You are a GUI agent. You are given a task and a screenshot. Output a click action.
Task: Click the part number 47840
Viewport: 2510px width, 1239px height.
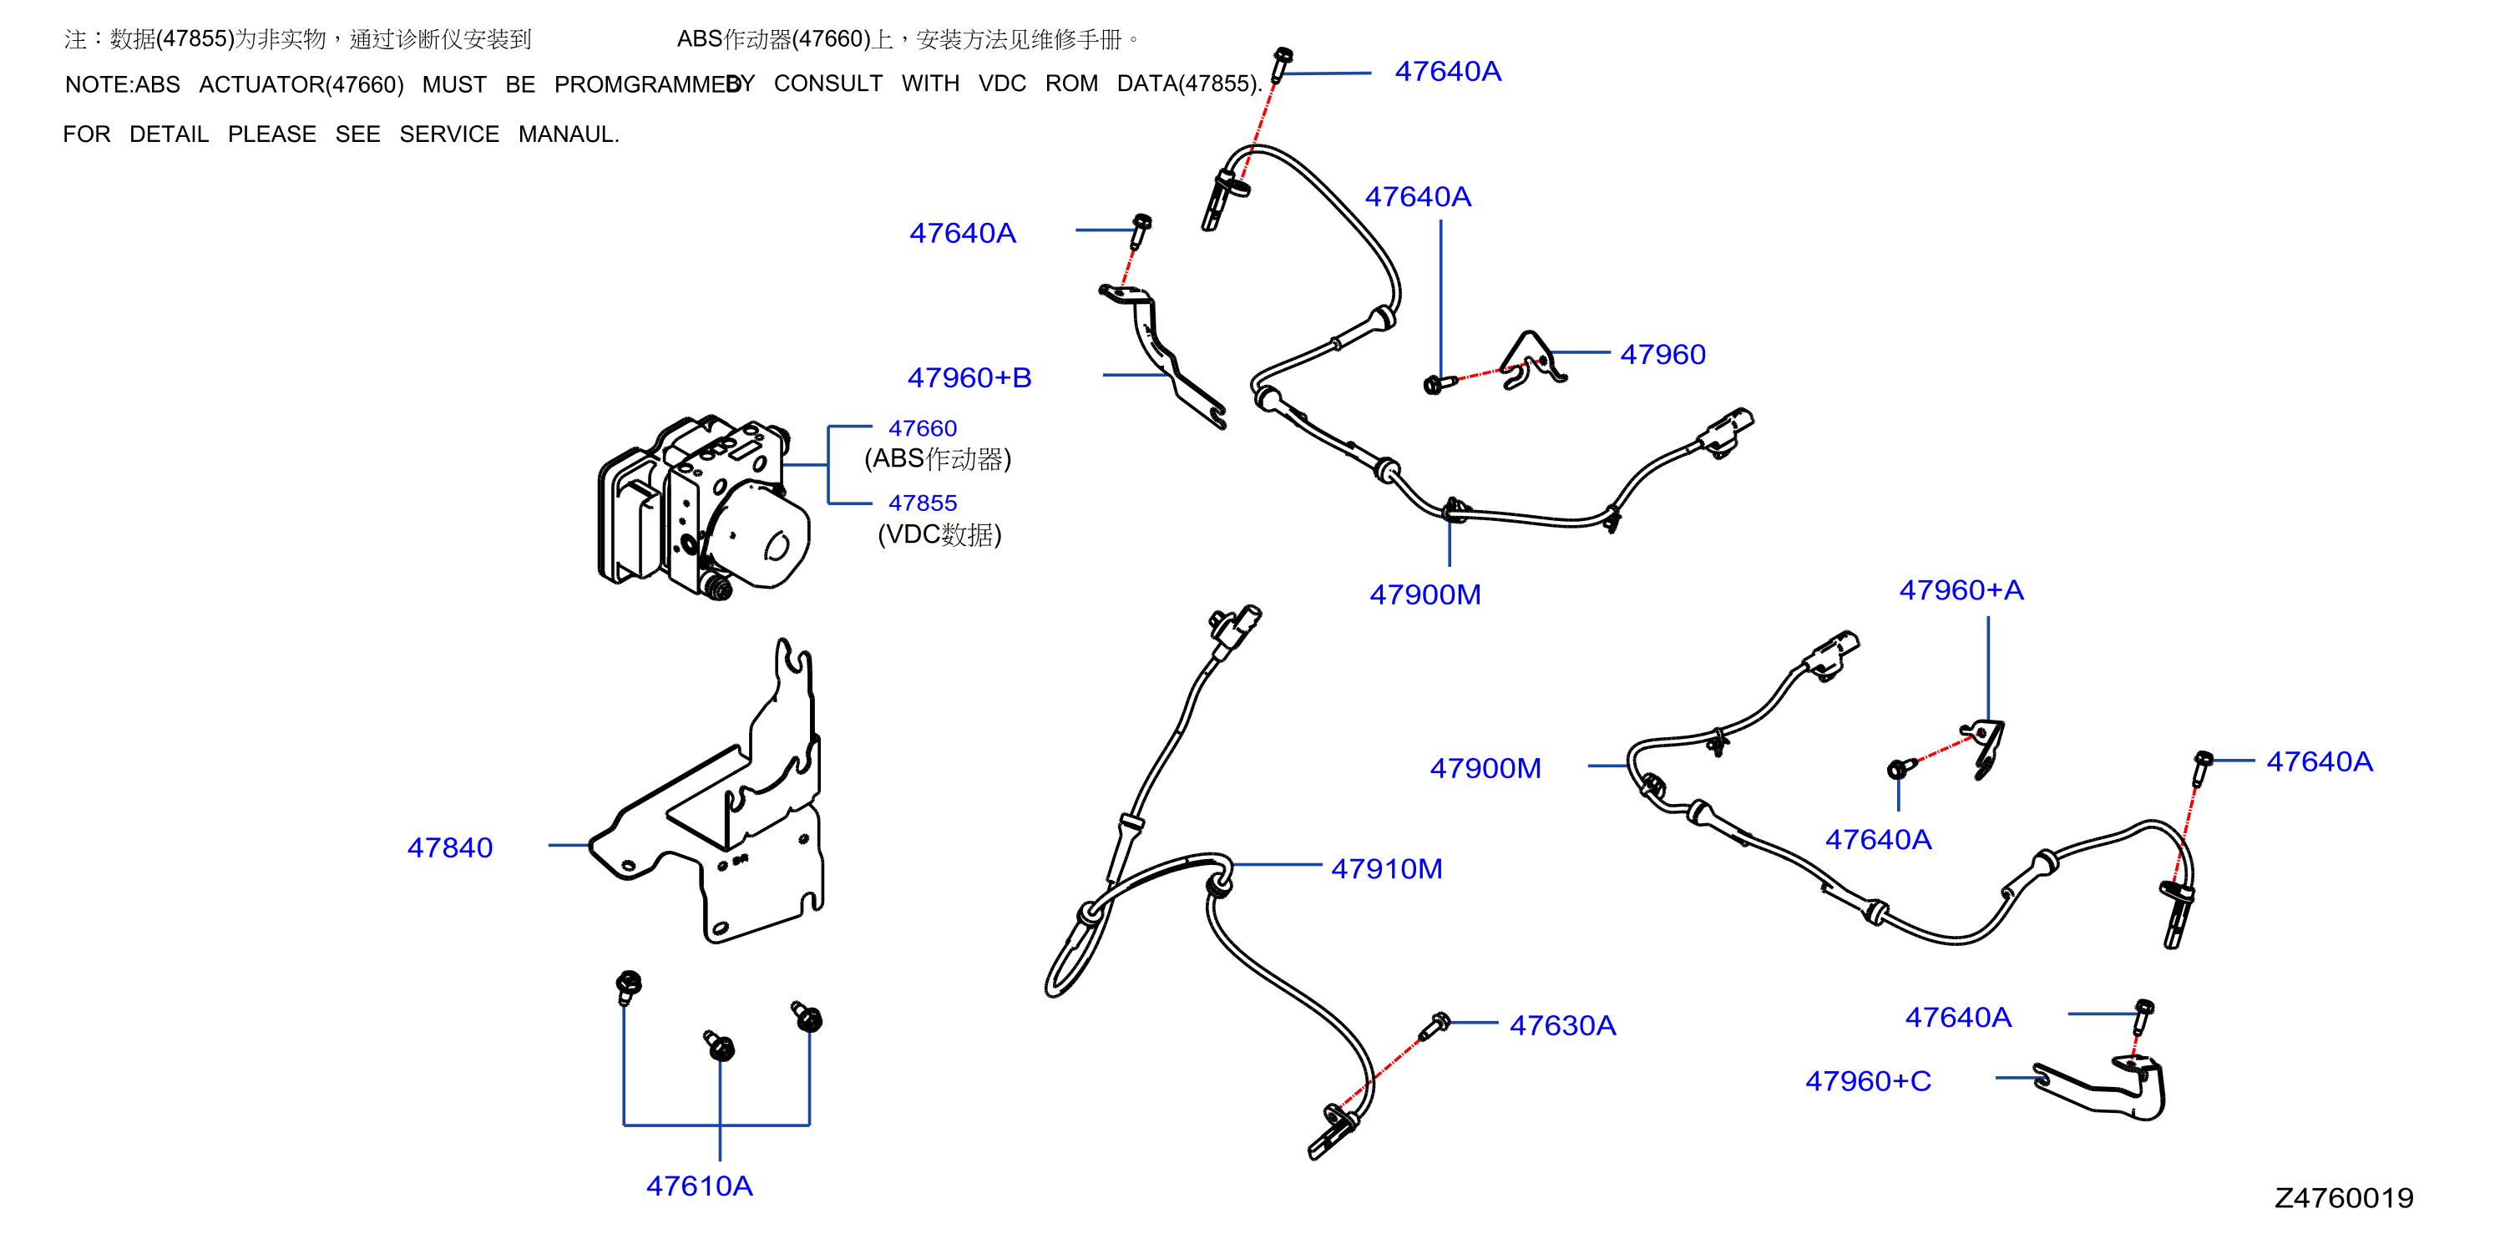pos(450,847)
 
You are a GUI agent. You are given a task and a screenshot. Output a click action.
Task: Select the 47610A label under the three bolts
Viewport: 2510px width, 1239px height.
pos(700,1186)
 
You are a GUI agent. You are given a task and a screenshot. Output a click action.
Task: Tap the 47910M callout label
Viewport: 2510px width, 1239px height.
pos(1387,869)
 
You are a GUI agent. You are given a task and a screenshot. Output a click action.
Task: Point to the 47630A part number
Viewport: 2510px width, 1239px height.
pos(1563,1024)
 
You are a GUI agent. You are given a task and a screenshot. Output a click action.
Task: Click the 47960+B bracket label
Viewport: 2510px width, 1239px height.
pos(969,377)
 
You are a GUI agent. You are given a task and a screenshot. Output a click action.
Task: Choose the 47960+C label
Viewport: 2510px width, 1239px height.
pos(1868,1080)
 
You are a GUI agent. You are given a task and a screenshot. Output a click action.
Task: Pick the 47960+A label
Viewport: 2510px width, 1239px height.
pos(1961,589)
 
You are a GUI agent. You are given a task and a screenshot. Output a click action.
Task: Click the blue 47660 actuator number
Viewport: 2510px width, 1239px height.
pos(923,427)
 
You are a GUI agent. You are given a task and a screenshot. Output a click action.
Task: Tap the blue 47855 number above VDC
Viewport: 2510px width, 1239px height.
pos(923,503)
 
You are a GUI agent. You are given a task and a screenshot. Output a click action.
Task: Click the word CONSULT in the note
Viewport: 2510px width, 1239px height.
pos(828,83)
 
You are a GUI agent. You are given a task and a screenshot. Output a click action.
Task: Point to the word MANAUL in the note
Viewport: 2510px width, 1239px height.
pos(568,134)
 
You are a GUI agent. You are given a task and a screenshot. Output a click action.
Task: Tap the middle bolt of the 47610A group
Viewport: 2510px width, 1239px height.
pos(719,1045)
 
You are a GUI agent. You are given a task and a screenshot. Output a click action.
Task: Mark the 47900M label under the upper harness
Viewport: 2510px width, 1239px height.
pos(1425,594)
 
